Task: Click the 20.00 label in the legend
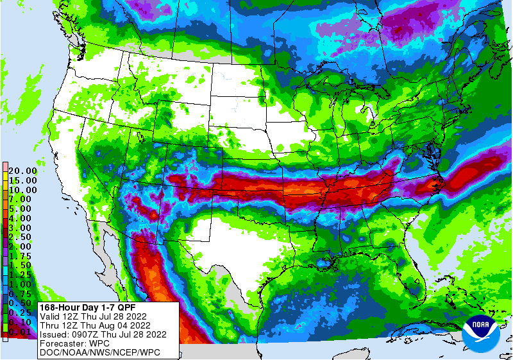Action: (x=22, y=171)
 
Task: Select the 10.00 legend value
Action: (x=22, y=191)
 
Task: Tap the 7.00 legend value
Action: (x=22, y=200)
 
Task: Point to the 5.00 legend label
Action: (x=22, y=209)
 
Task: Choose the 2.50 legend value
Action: (x=22, y=237)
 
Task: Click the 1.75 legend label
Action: (x=22, y=256)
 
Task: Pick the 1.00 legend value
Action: (x=22, y=284)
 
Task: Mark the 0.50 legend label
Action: (x=22, y=303)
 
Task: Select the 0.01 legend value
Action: (x=22, y=331)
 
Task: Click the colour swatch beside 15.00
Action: (x=4, y=181)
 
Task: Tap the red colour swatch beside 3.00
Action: (x=4, y=228)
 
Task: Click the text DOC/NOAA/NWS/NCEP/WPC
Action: (x=99, y=352)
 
